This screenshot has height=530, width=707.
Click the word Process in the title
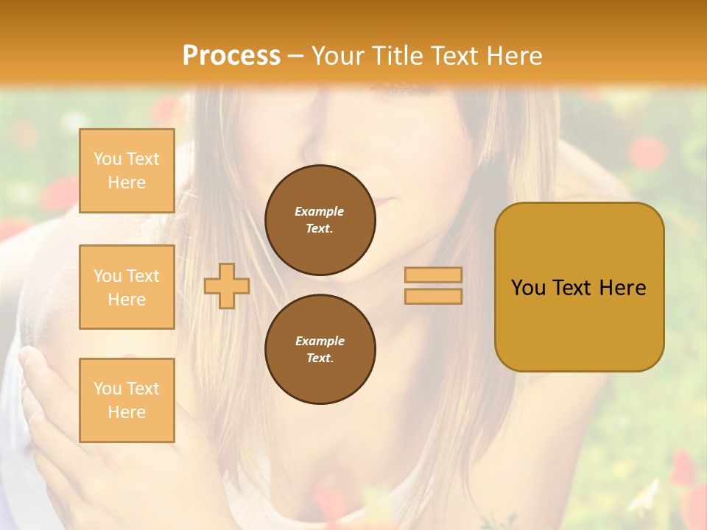231,56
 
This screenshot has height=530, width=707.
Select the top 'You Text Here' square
127,171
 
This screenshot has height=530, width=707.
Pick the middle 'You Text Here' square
127,287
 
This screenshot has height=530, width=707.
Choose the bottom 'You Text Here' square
127,400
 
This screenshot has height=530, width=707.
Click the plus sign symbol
227,286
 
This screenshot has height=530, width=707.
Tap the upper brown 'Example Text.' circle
320,220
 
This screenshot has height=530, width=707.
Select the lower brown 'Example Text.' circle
320,350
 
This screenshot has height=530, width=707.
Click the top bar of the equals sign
433,275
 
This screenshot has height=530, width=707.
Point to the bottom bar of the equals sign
433,296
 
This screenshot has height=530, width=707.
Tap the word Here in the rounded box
622,287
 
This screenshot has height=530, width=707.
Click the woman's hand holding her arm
52,412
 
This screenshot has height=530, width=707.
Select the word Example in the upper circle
319,211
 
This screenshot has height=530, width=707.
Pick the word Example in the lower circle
320,341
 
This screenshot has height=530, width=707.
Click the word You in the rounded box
527,287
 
